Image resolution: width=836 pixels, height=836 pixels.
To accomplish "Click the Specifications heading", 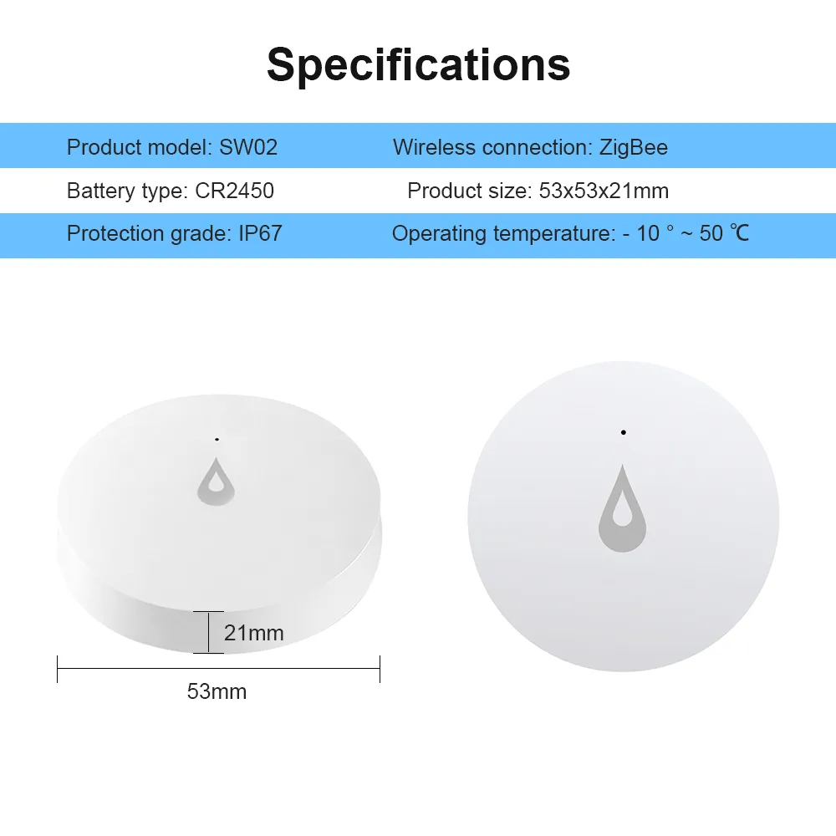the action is [419, 65].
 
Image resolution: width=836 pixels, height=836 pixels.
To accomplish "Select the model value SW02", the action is [248, 147].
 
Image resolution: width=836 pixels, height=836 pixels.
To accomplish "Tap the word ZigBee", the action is [634, 148].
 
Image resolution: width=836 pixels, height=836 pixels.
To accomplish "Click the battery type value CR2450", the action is [235, 191].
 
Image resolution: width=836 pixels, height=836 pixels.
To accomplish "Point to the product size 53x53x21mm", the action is [604, 191].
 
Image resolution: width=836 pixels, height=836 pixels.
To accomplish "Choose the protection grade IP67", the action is [260, 233].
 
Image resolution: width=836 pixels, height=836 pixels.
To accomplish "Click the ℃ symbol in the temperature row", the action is [740, 233].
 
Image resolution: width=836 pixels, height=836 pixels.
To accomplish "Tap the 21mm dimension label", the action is [254, 633].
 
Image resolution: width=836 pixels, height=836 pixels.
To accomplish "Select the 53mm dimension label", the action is [217, 691].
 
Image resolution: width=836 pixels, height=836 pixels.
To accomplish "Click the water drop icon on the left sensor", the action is [216, 482].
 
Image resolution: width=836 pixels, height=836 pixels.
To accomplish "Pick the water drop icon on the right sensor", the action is [622, 508].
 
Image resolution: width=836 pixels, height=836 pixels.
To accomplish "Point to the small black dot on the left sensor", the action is [217, 440].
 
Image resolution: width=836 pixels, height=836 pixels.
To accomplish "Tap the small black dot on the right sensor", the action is [624, 432].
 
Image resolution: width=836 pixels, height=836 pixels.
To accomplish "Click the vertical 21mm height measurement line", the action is [208, 632].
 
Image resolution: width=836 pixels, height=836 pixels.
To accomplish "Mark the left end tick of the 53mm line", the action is [58, 669].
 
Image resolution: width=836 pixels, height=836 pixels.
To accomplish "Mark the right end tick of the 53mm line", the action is [380, 669].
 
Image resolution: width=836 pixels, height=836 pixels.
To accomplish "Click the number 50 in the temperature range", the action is [711, 233].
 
